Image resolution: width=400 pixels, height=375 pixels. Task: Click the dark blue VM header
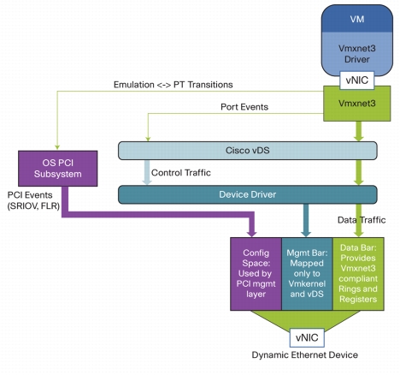tap(357, 19)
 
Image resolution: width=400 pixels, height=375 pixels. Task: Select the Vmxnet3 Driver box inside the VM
tap(357, 54)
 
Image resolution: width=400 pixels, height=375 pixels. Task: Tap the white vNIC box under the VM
tap(357, 80)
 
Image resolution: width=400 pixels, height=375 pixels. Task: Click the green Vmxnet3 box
tap(357, 104)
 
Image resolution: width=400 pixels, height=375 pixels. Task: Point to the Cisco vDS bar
tap(248, 151)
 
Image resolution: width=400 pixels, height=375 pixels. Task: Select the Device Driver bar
tap(248, 194)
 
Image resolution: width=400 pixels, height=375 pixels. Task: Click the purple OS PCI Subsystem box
tap(58, 169)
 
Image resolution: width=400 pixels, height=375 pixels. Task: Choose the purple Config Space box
tap(256, 274)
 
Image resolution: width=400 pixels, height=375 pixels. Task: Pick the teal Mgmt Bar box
tap(307, 274)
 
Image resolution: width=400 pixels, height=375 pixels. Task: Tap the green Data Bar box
tap(358, 274)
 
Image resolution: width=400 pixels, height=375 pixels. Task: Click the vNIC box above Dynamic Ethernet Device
tap(307, 337)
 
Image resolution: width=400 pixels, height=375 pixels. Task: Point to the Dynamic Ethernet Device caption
tap(305, 355)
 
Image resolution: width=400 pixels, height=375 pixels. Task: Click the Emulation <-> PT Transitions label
tap(174, 85)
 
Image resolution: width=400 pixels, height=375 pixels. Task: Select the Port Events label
tap(244, 107)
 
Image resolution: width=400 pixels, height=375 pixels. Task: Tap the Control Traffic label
tap(181, 173)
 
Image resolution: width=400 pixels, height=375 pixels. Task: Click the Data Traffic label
tap(362, 220)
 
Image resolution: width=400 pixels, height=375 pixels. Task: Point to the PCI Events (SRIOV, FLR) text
tap(33, 200)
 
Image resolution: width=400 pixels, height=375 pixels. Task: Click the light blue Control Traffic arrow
tap(147, 172)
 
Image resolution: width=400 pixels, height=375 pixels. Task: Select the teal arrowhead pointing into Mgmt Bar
tap(306, 234)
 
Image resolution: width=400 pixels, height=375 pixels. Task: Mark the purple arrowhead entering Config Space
tap(252, 234)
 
